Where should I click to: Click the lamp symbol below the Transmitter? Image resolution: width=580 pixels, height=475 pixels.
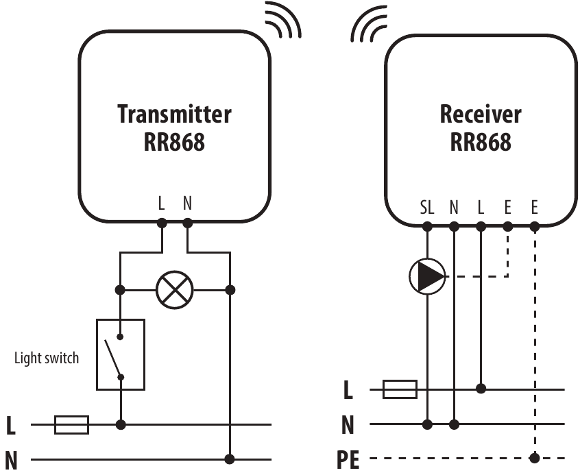[x=175, y=290]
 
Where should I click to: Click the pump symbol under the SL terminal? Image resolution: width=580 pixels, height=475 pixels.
[x=427, y=276]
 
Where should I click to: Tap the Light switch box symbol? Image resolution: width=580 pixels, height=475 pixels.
[x=121, y=354]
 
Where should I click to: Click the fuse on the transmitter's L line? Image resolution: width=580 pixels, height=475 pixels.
[x=71, y=425]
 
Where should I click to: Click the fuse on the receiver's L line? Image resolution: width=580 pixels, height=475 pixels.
[x=400, y=389]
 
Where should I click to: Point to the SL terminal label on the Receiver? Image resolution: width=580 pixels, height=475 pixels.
[x=427, y=207]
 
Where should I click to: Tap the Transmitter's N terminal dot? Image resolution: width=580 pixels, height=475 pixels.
[x=188, y=223]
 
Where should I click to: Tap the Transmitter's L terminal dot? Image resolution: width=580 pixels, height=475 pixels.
[x=162, y=223]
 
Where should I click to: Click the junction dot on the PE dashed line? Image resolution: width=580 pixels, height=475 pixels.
[x=535, y=457]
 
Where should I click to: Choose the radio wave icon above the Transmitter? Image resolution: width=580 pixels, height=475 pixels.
[x=282, y=19]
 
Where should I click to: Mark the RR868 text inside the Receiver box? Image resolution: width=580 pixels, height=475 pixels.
[x=481, y=142]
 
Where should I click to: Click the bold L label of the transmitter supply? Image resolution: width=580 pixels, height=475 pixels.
[x=10, y=426]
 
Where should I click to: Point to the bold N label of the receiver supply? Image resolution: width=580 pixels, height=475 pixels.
[x=348, y=426]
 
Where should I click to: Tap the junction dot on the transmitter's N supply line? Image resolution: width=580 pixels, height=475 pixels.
[x=231, y=459]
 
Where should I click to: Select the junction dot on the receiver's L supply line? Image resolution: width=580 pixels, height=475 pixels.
[x=481, y=389]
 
